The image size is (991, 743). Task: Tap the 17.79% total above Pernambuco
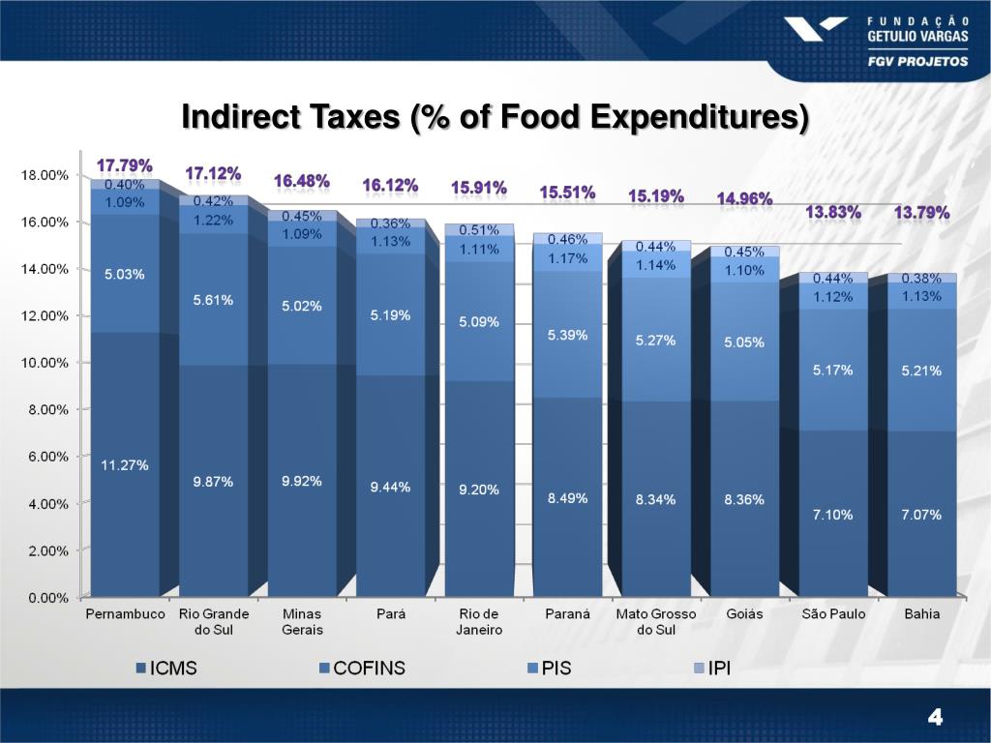[x=124, y=165]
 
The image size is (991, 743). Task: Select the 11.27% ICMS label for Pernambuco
[x=125, y=465]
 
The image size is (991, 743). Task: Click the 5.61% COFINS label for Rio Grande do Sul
[x=213, y=300]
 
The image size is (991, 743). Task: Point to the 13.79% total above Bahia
[x=921, y=212]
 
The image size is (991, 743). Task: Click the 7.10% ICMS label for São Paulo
[x=832, y=515]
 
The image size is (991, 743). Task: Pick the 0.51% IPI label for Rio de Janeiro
[x=479, y=230]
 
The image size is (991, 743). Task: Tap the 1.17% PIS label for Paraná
[x=568, y=258]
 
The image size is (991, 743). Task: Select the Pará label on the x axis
[x=390, y=614]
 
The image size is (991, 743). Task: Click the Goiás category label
[x=744, y=614]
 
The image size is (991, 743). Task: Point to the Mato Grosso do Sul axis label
[x=656, y=622]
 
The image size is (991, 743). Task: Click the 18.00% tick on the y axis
[x=45, y=175]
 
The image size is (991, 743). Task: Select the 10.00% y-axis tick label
[x=45, y=363]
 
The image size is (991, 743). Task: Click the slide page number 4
[x=934, y=717]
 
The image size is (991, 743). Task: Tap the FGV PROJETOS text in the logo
[x=916, y=60]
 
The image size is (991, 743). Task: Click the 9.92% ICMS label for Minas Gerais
[x=302, y=481]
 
